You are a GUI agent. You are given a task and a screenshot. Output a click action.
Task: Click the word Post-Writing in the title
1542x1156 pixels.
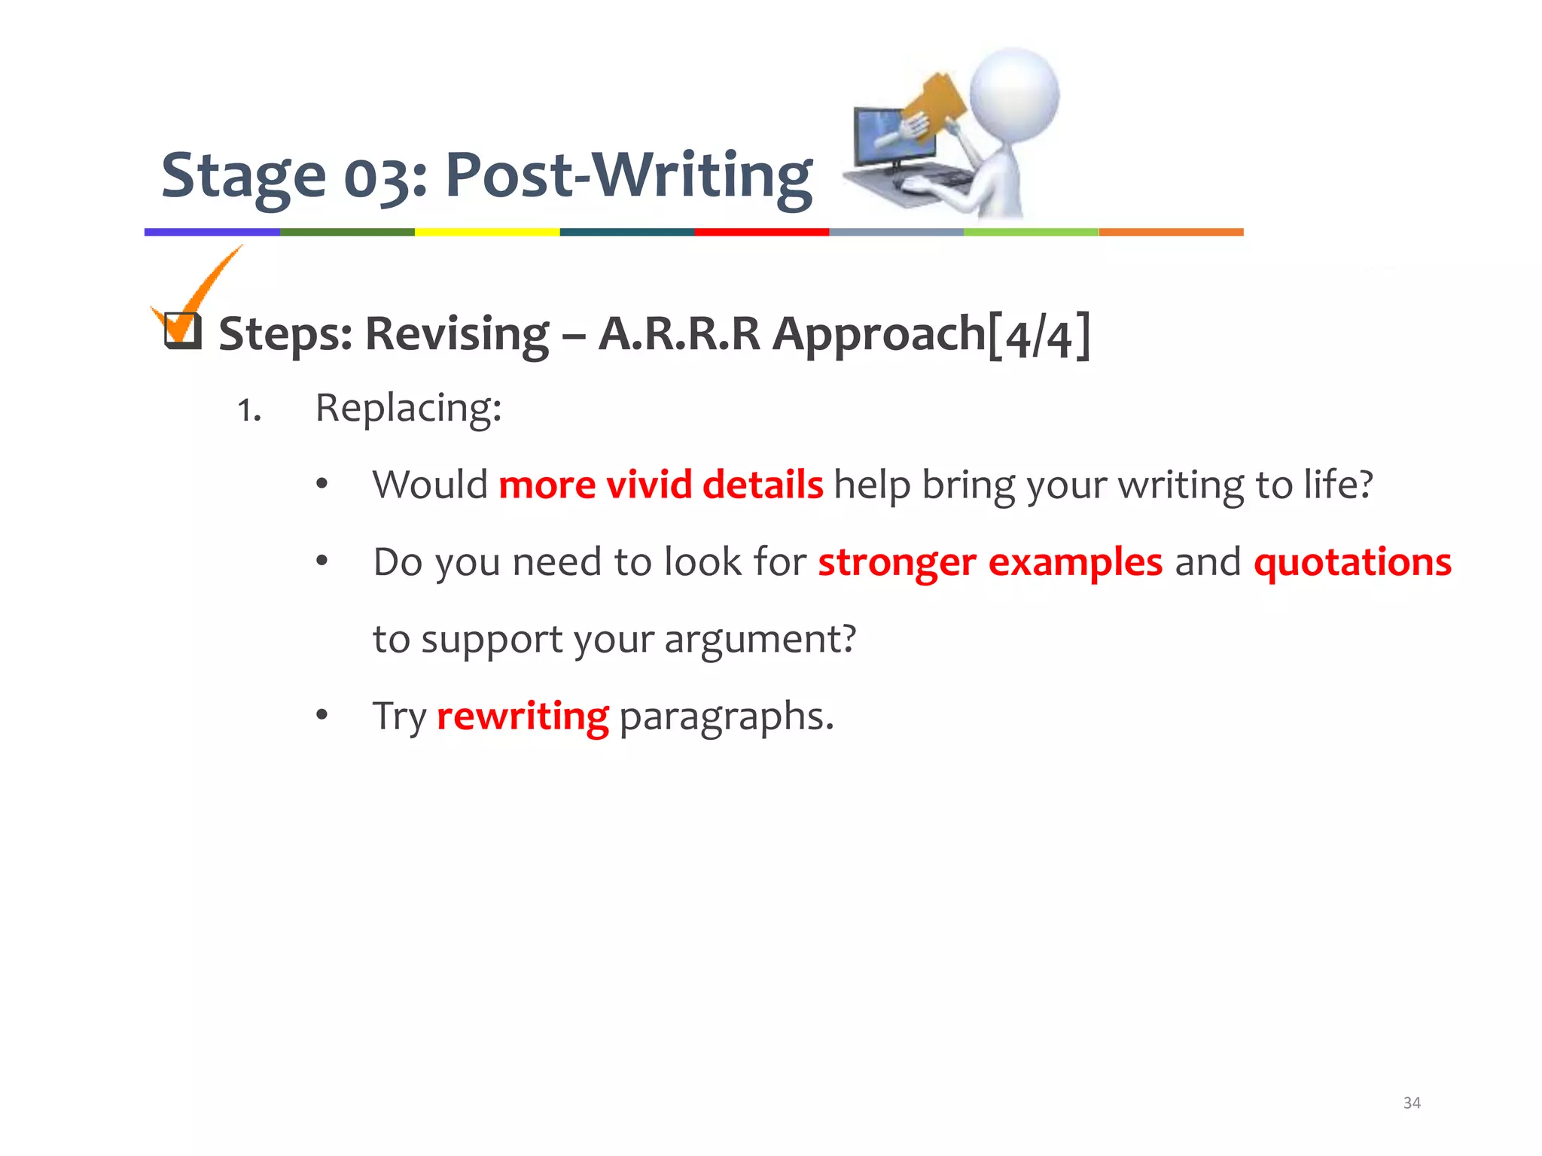(629, 175)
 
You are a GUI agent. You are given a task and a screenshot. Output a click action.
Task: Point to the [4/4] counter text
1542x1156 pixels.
(1038, 335)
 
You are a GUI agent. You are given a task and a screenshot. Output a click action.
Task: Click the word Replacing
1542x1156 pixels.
(407, 409)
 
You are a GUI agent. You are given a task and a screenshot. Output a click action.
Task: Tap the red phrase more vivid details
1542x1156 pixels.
(660, 484)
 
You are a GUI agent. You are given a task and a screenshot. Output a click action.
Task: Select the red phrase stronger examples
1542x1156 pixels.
(990, 562)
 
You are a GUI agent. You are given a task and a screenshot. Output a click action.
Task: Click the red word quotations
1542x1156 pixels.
(1352, 562)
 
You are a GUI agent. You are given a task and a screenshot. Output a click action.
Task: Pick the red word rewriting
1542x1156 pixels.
(523, 716)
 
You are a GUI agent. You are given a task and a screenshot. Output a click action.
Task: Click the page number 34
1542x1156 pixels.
(1412, 1103)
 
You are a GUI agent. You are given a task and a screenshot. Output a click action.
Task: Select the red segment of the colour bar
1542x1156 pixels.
(761, 232)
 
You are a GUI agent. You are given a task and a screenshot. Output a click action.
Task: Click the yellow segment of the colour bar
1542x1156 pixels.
(487, 232)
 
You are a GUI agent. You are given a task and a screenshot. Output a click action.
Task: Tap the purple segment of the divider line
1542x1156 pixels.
(212, 232)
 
